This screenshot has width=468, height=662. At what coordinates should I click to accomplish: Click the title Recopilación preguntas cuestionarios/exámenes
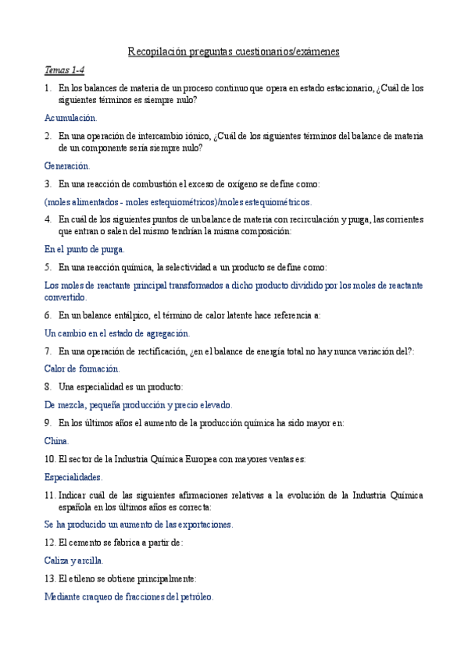click(234, 52)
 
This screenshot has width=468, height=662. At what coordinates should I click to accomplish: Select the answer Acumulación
click(71, 118)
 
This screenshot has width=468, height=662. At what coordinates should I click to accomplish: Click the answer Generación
click(67, 165)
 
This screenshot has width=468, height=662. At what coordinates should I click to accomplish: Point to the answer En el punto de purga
click(84, 249)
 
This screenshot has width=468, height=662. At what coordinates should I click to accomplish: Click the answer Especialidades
click(73, 476)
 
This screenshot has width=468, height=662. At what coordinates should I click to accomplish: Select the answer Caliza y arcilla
click(74, 560)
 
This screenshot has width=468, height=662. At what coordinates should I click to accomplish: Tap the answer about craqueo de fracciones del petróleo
click(129, 596)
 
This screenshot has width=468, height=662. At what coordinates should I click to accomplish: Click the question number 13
click(50, 578)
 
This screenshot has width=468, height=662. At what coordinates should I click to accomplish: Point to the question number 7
click(48, 351)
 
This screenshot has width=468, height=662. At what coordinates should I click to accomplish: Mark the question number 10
click(50, 459)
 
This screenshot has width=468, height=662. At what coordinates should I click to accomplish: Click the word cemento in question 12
click(88, 543)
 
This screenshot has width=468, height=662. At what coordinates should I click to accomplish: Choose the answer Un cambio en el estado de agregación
click(117, 333)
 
